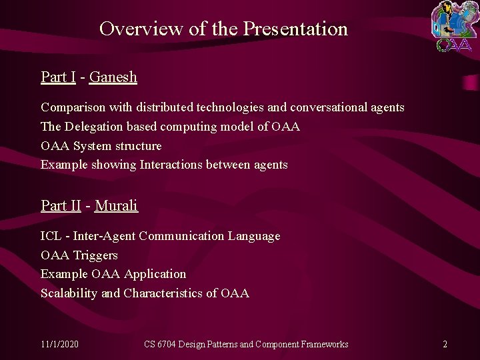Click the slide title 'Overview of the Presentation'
pyautogui.click(x=223, y=29)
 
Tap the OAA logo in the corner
pyautogui.click(x=453, y=27)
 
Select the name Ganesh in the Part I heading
pyautogui.click(x=113, y=77)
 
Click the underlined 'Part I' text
pyautogui.click(x=58, y=77)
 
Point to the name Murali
pyautogui.click(x=116, y=205)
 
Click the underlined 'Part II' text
pyautogui.click(x=61, y=205)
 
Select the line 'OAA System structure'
pyautogui.click(x=101, y=146)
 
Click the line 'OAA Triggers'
pyautogui.click(x=79, y=255)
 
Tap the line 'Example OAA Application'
pyautogui.click(x=113, y=274)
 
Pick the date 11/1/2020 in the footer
pyautogui.click(x=59, y=344)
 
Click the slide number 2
pyautogui.click(x=445, y=344)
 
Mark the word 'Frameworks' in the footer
pyautogui.click(x=325, y=344)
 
